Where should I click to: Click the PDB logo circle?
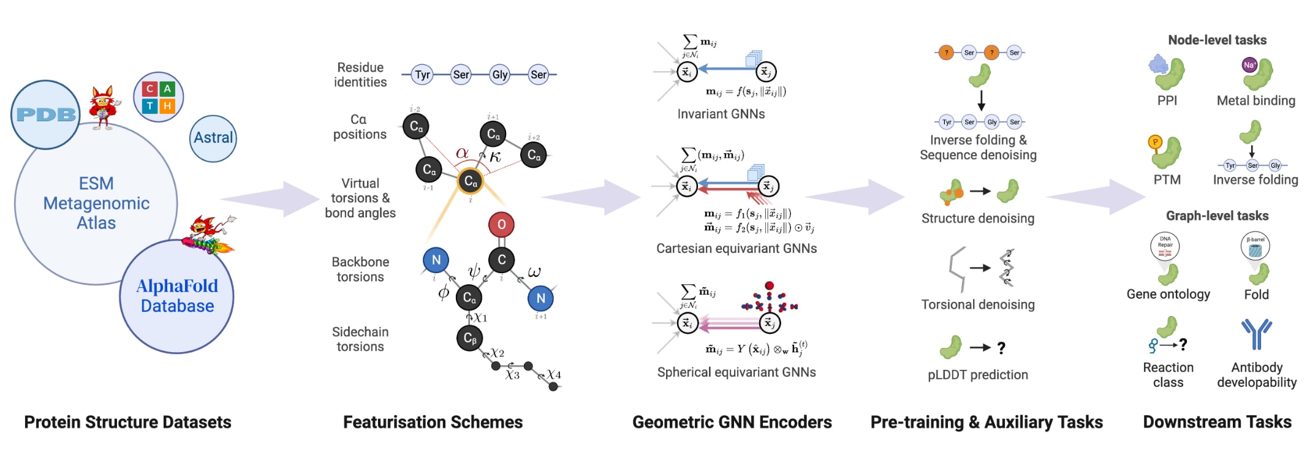click(x=45, y=115)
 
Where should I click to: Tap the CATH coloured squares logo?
click(x=158, y=97)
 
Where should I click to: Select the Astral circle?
click(x=213, y=138)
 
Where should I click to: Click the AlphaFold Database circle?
click(x=177, y=296)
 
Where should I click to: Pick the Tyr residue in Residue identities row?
click(x=422, y=75)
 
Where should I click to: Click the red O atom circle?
click(x=501, y=225)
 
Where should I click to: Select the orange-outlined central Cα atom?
click(x=470, y=181)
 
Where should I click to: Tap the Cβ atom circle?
click(x=469, y=338)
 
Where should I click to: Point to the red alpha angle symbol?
click(x=462, y=153)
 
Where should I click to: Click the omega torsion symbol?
click(x=534, y=271)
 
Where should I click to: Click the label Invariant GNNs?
click(x=721, y=114)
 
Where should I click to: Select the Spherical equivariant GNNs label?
click(x=736, y=372)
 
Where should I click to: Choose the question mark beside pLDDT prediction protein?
click(x=1001, y=348)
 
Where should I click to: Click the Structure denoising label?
click(x=977, y=219)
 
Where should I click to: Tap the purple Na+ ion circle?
click(x=1249, y=65)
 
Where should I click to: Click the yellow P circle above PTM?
click(x=1155, y=143)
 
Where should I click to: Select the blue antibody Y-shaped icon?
click(x=1256, y=334)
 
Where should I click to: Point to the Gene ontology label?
click(x=1168, y=295)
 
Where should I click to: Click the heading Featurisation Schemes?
click(x=433, y=422)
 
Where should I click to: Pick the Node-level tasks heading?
click(x=1217, y=40)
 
